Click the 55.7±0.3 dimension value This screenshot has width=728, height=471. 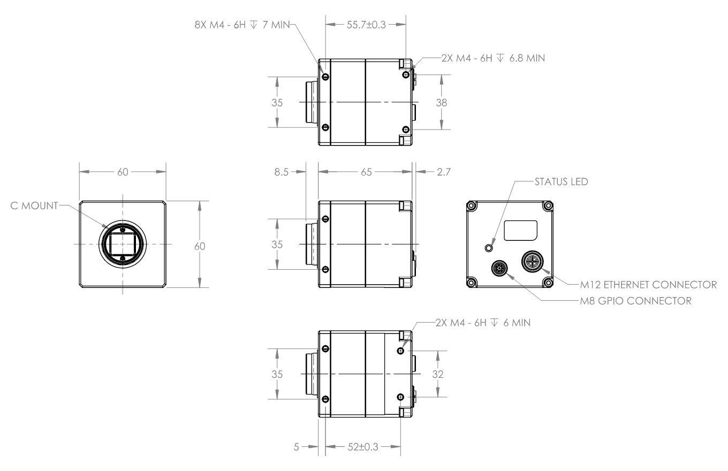[366, 25]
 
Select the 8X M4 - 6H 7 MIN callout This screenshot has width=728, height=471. [242, 25]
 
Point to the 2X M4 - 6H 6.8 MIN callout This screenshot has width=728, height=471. [493, 58]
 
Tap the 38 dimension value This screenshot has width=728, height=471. [441, 103]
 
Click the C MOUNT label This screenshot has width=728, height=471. [34, 206]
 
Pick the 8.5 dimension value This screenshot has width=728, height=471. [281, 172]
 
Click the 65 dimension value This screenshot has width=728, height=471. [366, 172]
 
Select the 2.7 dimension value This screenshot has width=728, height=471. [444, 172]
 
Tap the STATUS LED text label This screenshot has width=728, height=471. [562, 181]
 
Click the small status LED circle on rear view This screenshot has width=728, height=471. [488, 248]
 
